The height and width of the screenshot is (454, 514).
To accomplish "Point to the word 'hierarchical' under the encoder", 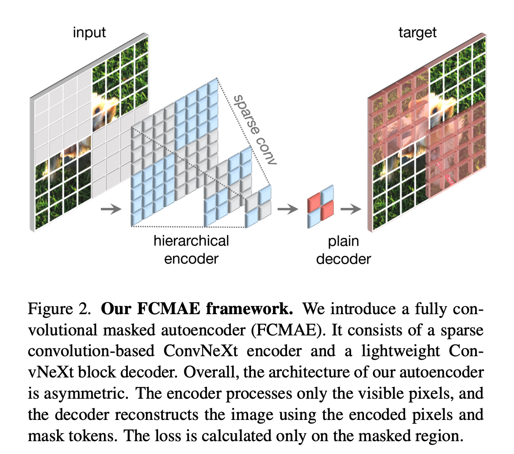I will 191,241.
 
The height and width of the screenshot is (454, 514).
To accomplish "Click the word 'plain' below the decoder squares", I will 343,242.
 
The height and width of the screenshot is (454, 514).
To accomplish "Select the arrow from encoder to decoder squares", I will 288,209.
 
